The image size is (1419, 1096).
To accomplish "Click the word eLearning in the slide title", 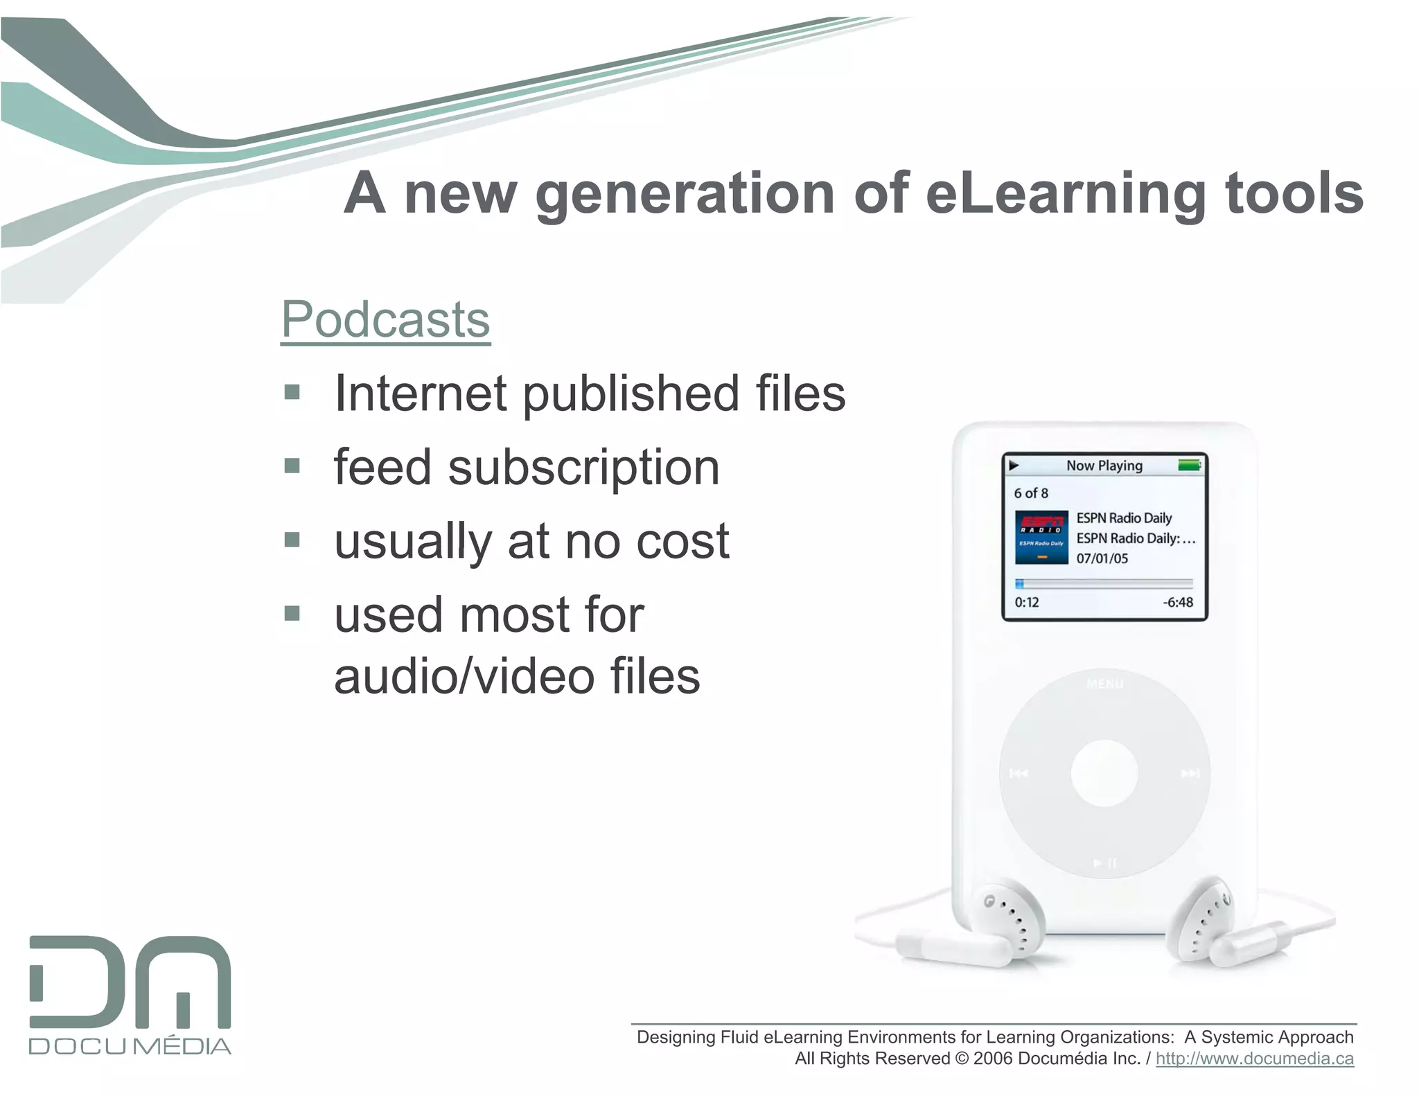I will click(1066, 195).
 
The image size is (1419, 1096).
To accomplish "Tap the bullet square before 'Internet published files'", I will click(292, 393).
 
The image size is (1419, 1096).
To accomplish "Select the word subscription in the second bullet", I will click(583, 469).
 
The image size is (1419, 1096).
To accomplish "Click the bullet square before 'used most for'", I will click(292, 613).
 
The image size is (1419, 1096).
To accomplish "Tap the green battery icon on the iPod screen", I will click(1189, 466).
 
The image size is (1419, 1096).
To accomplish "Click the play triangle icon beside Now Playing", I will click(1014, 466).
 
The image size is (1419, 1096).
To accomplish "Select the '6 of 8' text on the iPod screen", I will click(1031, 493).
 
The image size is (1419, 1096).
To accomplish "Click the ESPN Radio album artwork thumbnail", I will click(1041, 538).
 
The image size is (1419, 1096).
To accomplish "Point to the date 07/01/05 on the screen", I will click(1102, 558).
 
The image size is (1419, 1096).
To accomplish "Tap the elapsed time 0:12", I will click(1026, 603).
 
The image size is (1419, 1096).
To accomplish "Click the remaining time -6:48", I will click(1178, 603).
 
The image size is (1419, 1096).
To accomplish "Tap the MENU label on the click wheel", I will click(1104, 684).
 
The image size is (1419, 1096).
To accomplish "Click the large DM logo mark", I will click(130, 982).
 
